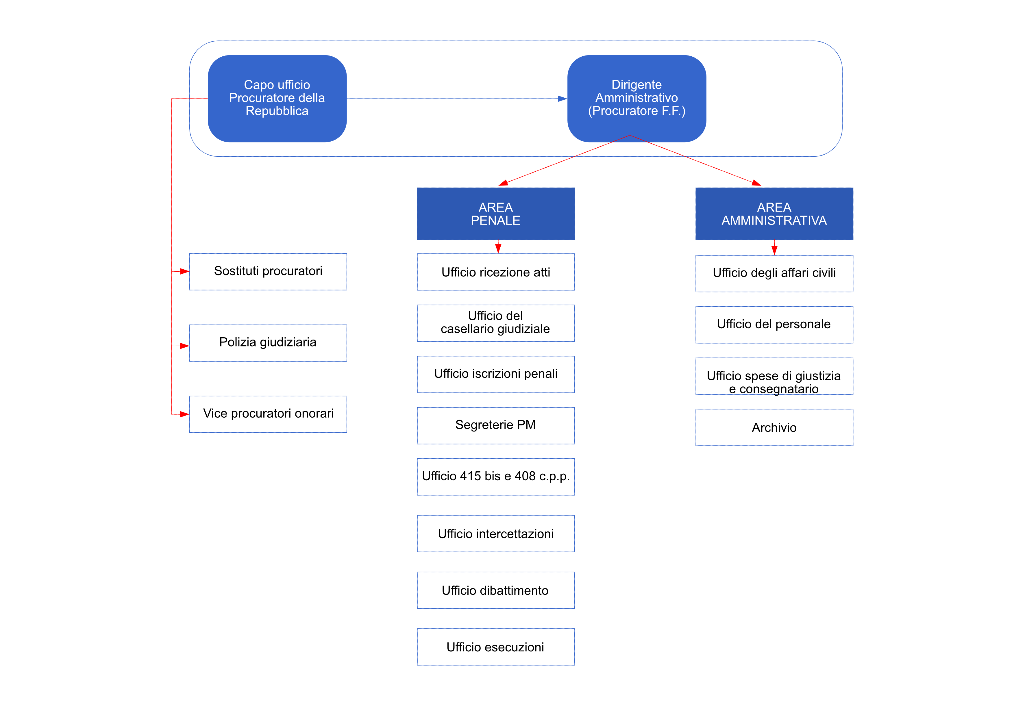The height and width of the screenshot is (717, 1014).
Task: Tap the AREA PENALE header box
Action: (x=495, y=214)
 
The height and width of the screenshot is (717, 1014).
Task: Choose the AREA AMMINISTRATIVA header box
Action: (x=774, y=214)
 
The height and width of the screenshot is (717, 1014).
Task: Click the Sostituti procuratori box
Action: (x=268, y=272)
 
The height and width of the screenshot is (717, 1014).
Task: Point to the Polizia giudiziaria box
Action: (x=268, y=343)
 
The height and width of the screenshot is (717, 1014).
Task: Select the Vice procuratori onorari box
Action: (x=268, y=414)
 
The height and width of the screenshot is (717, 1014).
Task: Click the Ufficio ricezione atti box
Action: (x=495, y=272)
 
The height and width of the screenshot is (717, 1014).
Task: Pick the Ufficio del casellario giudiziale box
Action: (x=495, y=323)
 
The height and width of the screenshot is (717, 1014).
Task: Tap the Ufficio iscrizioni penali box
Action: (x=495, y=374)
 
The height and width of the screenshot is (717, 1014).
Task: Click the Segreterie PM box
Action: (x=495, y=425)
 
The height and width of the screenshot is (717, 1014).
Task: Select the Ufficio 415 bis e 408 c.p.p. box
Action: (x=495, y=476)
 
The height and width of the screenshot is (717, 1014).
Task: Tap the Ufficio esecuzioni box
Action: (x=495, y=647)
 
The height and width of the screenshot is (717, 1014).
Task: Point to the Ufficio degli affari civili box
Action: (x=774, y=273)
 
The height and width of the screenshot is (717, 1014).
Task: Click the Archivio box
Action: (x=774, y=427)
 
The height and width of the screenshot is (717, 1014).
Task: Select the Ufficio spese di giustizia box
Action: (x=774, y=376)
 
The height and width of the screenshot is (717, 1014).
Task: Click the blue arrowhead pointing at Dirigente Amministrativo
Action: (x=562, y=99)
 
